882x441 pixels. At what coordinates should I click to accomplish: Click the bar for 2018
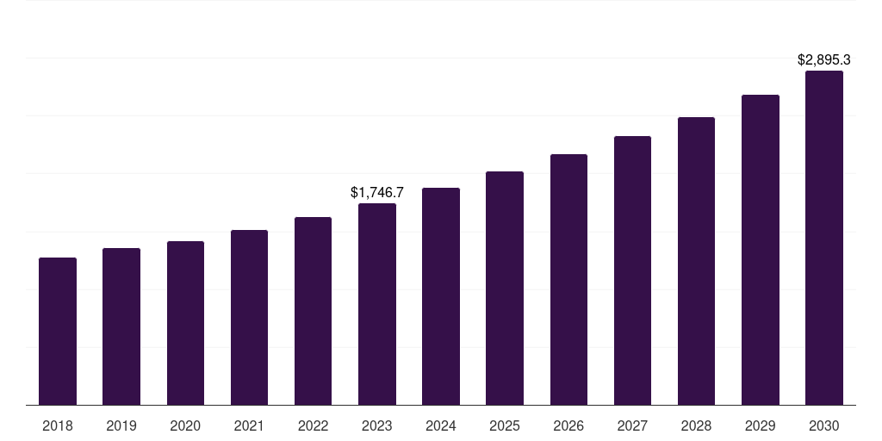[58, 332]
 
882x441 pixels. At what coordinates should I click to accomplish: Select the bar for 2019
[121, 326]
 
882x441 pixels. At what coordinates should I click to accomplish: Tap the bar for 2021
[249, 318]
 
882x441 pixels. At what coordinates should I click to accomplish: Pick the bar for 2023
[377, 304]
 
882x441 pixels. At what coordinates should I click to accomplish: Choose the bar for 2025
[505, 289]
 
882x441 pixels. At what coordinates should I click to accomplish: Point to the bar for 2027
[632, 270]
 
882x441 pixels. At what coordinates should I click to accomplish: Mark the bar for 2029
[761, 250]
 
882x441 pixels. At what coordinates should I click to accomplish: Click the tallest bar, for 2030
[824, 238]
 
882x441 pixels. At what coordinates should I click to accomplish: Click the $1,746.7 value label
[377, 193]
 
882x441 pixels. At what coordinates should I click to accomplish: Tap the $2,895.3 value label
[824, 60]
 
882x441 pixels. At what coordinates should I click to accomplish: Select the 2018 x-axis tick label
[58, 425]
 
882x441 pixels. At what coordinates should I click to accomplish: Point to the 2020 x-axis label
[185, 425]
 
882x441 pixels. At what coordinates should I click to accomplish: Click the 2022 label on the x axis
[314, 425]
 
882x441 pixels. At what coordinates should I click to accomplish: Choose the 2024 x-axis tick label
[441, 425]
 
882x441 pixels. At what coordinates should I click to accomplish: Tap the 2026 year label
[568, 425]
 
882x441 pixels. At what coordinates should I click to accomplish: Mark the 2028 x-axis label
[696, 425]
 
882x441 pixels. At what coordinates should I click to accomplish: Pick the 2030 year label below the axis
[824, 425]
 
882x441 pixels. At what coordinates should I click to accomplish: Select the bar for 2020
[185, 323]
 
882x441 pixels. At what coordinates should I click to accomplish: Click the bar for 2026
[568, 280]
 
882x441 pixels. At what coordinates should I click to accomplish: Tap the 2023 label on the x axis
[377, 425]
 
